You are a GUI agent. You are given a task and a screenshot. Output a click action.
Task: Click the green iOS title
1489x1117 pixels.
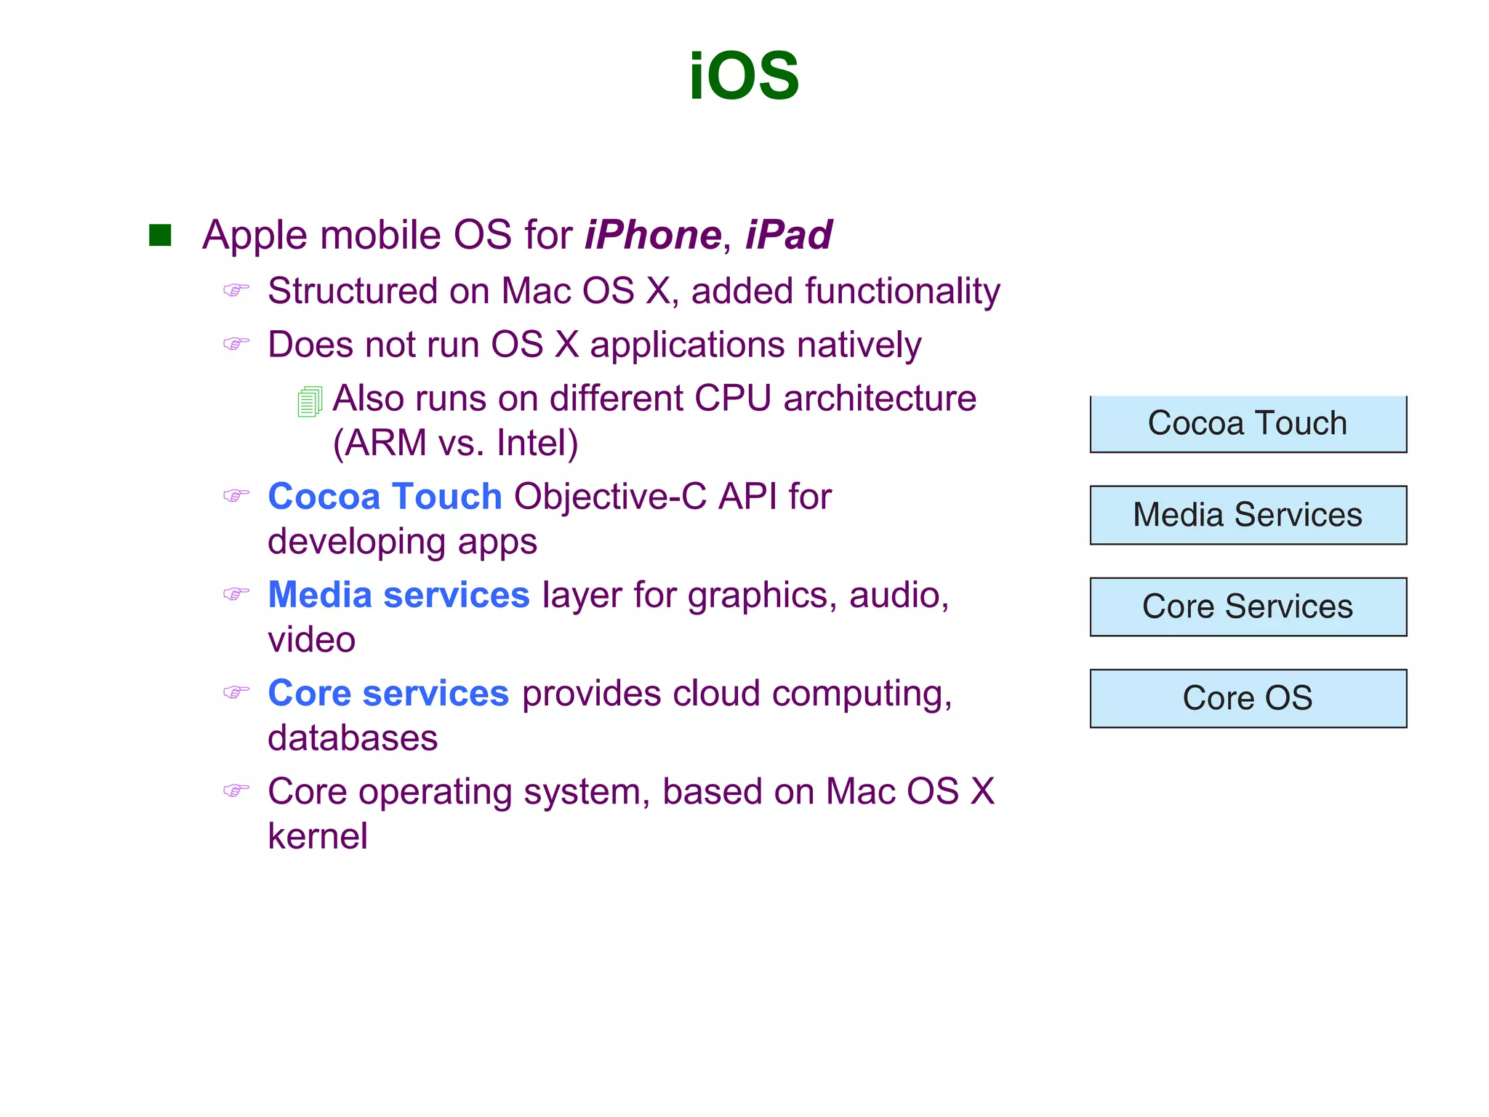(744, 76)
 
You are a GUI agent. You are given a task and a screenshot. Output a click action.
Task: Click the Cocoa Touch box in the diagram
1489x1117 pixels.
(1248, 424)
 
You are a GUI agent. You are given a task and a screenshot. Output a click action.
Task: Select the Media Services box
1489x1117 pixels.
(1248, 515)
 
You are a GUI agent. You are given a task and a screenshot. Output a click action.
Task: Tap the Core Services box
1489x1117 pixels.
(1248, 606)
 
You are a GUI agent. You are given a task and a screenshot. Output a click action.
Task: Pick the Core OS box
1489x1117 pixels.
(1248, 698)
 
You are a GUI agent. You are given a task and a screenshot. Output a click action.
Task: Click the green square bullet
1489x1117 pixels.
(160, 235)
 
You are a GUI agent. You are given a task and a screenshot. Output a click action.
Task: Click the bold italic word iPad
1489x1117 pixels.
(789, 235)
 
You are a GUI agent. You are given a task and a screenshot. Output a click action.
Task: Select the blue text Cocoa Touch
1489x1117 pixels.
(385, 497)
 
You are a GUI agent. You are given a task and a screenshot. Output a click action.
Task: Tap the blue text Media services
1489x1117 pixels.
(398, 595)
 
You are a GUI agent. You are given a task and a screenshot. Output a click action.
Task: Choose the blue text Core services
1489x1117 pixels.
(388, 693)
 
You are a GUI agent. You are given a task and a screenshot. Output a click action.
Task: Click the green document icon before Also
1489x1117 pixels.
(310, 401)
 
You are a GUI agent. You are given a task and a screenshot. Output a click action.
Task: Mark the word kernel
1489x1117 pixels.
(318, 836)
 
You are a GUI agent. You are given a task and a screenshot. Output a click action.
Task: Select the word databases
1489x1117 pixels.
(353, 738)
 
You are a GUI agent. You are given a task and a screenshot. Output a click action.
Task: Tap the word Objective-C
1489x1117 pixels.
(610, 497)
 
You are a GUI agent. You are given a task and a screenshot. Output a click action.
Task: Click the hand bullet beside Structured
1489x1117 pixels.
(236, 290)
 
